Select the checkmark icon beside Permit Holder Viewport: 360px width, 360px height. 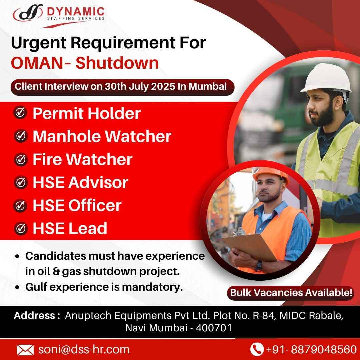pyautogui.click(x=21, y=113)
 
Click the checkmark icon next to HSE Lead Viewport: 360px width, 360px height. pyautogui.click(x=21, y=228)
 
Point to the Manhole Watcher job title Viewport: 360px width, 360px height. pyautogui.click(x=102, y=136)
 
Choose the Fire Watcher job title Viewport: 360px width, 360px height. pyautogui.click(x=83, y=159)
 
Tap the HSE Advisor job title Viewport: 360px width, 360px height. pyautogui.click(x=80, y=182)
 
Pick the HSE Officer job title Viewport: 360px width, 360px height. pyautogui.click(x=77, y=205)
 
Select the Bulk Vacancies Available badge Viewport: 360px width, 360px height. pyautogui.click(x=291, y=293)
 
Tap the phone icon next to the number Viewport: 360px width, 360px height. pyautogui.click(x=256, y=349)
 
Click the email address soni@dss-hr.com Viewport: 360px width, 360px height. pyautogui.click(x=84, y=349)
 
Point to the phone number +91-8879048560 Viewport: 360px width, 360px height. pyautogui.click(x=311, y=349)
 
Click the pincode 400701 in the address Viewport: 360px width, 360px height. pyautogui.click(x=214, y=328)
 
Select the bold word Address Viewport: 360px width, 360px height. pyautogui.click(x=35, y=316)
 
